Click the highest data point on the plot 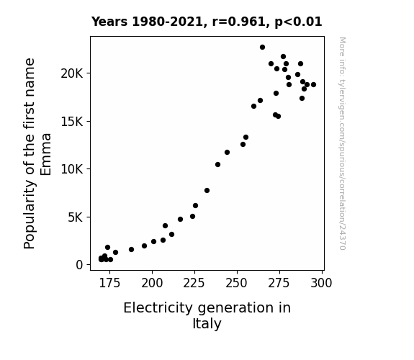pos(262,48)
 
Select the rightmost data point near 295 pos(313,84)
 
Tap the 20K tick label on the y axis pos(72,73)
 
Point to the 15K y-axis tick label pos(72,122)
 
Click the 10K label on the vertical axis pos(72,169)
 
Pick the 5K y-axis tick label pos(76,217)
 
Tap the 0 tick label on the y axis pos(79,265)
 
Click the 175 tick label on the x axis pos(109,284)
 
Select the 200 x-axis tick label pos(152,284)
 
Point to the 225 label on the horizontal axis pos(194,284)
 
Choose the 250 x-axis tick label pos(237,284)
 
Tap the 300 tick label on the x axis pos(321,284)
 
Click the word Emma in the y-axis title pos(45,154)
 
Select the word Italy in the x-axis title pos(207,324)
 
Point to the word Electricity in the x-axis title pos(158,308)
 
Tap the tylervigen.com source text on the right pos(342,143)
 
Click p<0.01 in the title pos(298,22)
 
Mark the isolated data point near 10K pos(217,165)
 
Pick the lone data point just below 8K pos(207,190)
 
